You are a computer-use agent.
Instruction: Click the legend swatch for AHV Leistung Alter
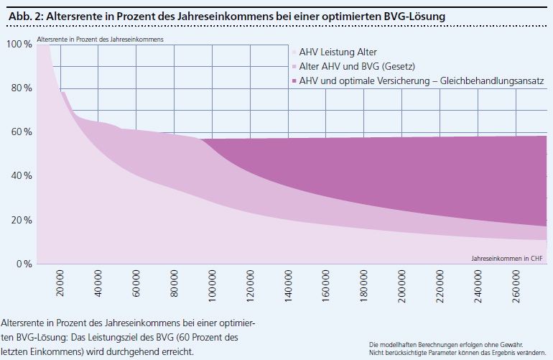(x=294, y=52)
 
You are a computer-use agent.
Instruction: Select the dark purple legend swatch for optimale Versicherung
(x=294, y=80)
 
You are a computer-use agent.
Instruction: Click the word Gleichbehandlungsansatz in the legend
(x=496, y=80)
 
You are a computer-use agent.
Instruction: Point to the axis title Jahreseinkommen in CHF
(x=507, y=257)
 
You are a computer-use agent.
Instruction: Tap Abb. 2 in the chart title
(x=21, y=14)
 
